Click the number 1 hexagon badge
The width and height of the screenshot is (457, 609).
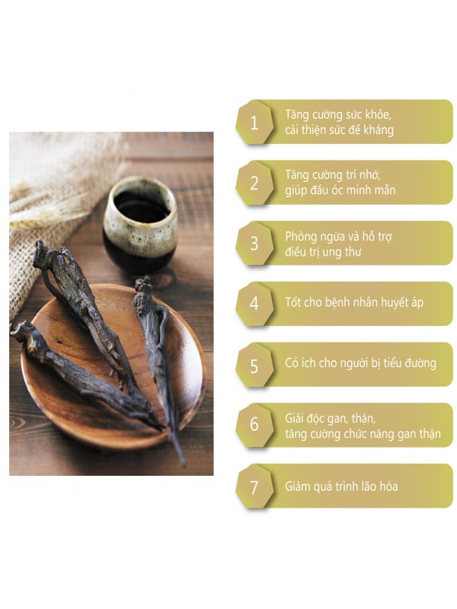tap(254, 123)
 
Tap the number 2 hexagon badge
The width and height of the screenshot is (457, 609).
tap(254, 183)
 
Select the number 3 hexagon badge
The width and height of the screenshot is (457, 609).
tap(254, 244)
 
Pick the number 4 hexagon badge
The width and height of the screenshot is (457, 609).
tap(254, 303)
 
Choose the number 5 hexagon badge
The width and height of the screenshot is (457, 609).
tap(254, 364)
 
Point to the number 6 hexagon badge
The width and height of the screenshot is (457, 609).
tap(254, 425)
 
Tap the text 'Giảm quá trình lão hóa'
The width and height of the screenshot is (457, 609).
tap(341, 486)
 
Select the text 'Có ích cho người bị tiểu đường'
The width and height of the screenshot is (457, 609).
tap(360, 364)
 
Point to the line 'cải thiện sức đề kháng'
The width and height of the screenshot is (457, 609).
tap(340, 130)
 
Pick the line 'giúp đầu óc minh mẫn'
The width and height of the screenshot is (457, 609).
tap(340, 190)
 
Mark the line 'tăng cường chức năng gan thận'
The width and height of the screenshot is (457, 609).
tap(363, 433)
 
